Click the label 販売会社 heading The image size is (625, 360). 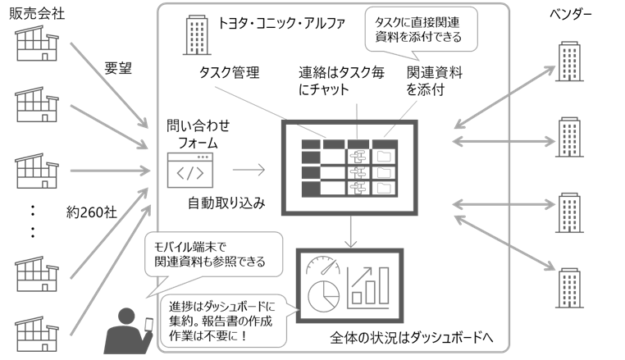(34, 14)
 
